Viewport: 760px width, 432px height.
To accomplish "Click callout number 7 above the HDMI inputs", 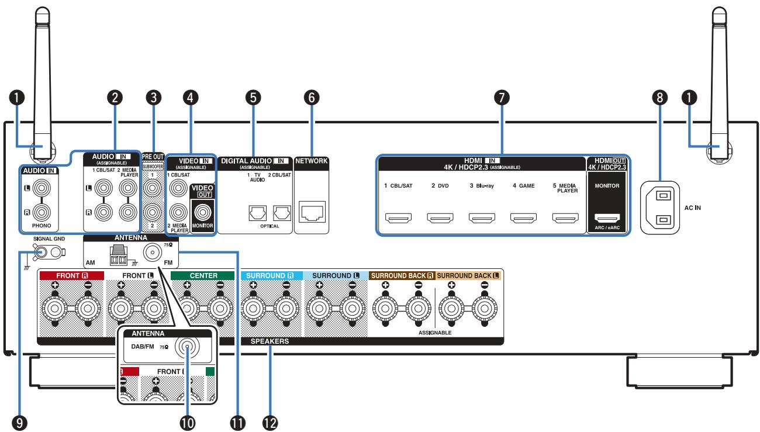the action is tap(502, 98).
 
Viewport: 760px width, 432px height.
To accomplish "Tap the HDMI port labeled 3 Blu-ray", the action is tap(482, 217).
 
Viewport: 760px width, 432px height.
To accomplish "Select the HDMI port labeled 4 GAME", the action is tap(523, 217).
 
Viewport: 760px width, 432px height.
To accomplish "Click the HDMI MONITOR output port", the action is tap(607, 218).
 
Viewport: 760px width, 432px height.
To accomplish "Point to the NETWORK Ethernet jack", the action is tap(312, 212).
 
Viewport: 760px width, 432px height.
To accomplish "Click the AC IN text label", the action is tap(692, 208).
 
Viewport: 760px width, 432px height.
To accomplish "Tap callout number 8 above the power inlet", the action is tap(659, 98).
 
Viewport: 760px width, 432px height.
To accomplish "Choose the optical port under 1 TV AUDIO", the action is tap(257, 213).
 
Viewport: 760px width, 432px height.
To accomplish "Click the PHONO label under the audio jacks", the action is tap(42, 225).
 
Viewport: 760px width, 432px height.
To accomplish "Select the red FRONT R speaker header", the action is tap(72, 275).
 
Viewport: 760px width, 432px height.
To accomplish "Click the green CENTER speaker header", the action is tap(203, 275).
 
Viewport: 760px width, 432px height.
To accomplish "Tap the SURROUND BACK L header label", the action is tap(468, 275).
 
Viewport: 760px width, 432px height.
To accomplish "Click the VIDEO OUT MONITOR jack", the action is tap(202, 212).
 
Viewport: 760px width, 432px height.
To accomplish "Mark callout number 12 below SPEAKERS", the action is tap(270, 423).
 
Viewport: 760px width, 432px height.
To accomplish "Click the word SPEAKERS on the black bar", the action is tap(270, 341).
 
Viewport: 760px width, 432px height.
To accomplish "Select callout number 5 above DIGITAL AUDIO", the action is tap(253, 98).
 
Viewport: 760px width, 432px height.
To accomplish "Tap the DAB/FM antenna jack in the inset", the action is tap(187, 347).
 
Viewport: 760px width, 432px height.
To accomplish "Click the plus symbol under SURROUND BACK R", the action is tap(385, 285).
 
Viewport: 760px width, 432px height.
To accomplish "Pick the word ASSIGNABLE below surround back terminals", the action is tap(434, 333).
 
